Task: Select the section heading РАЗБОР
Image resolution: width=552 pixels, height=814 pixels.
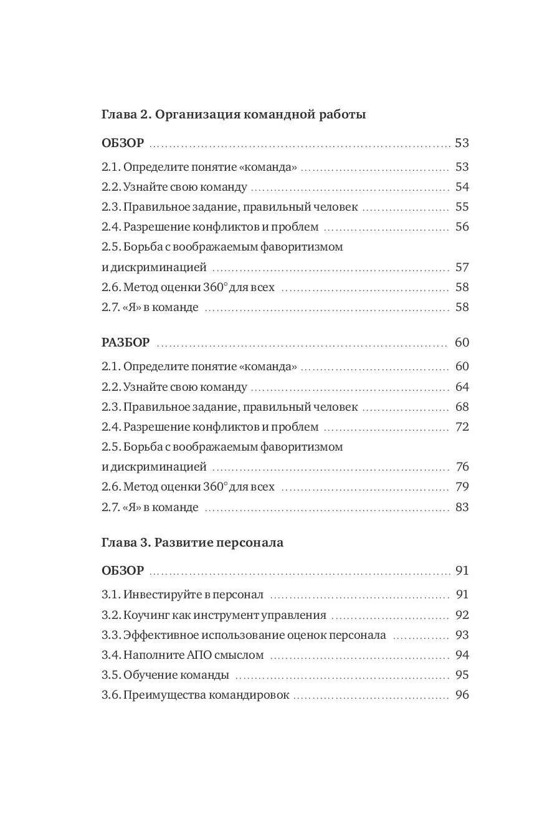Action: pos(125,343)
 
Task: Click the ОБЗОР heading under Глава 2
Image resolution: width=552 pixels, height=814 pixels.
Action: pos(123,143)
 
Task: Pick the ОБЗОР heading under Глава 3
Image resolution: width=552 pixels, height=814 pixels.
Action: pos(123,571)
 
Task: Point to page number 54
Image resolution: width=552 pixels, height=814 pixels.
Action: pos(462,188)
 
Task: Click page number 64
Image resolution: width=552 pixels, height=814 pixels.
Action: pos(462,387)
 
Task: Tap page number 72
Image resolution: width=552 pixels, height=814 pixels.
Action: pos(462,427)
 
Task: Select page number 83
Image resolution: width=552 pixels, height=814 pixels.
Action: pos(462,507)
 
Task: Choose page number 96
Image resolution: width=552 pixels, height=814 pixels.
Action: pos(462,696)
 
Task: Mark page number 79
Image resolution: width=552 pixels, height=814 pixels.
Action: pos(462,487)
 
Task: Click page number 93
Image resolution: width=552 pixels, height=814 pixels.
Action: pos(462,636)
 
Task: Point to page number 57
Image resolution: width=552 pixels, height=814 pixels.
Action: pos(462,268)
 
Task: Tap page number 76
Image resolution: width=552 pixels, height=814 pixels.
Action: pos(462,467)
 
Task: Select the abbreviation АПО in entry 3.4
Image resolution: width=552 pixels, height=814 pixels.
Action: pos(200,656)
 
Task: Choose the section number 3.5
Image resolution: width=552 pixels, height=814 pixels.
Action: pos(110,676)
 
